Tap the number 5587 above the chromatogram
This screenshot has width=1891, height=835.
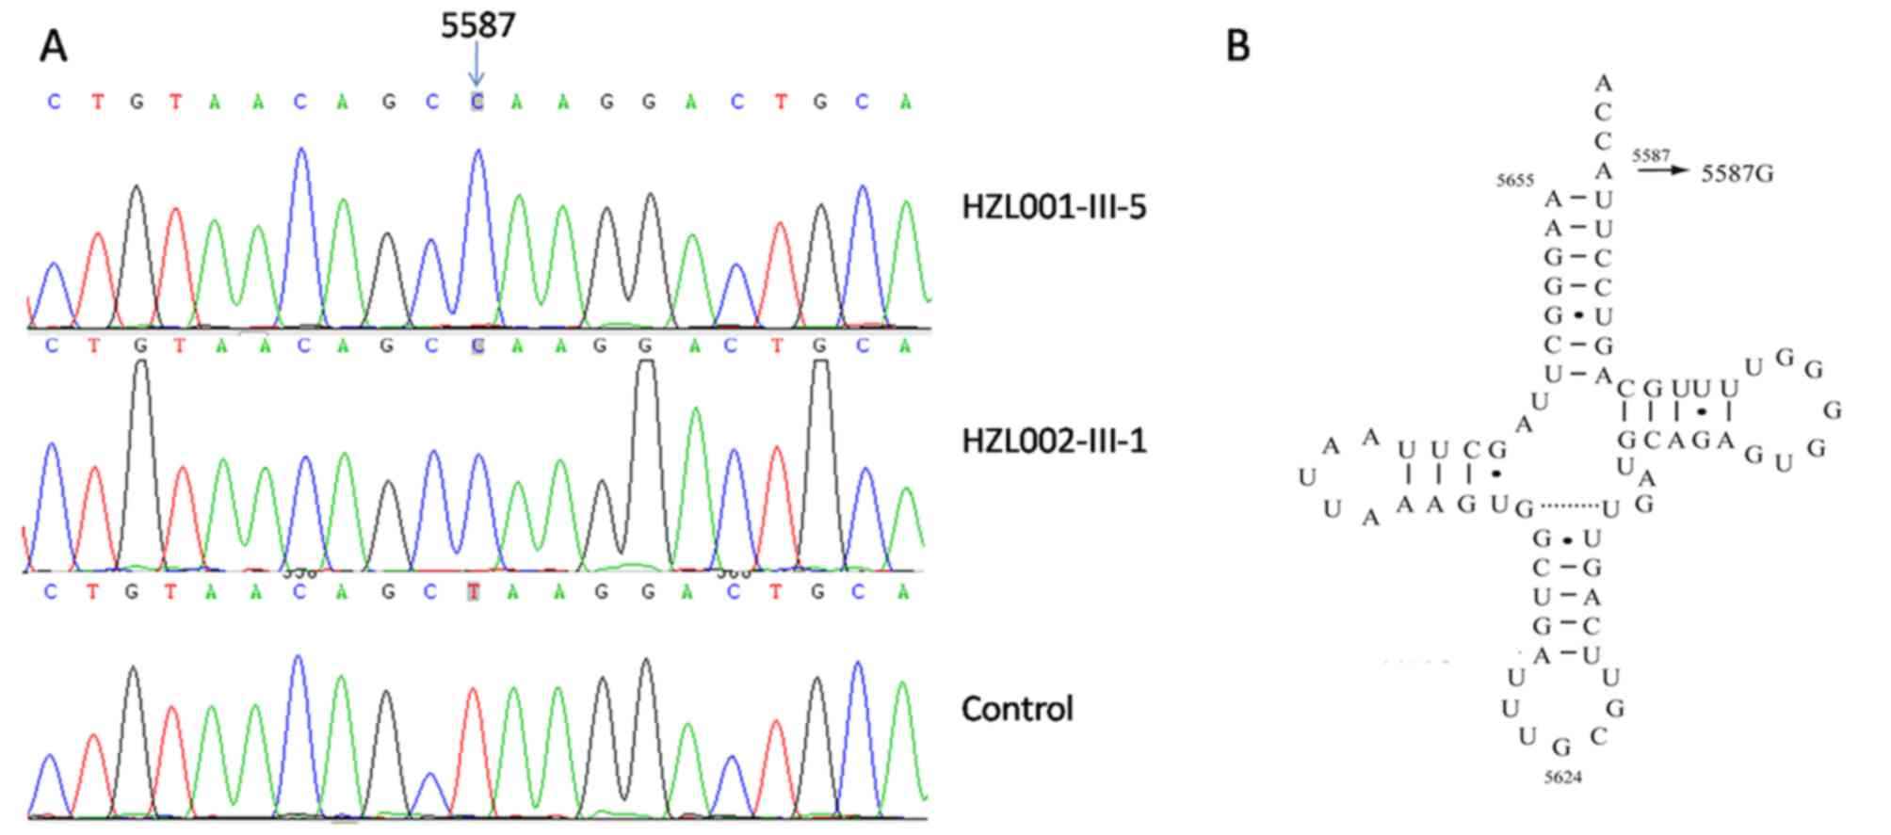(x=478, y=25)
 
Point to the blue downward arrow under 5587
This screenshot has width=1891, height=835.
(x=477, y=68)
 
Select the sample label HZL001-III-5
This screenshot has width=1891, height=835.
(x=1054, y=207)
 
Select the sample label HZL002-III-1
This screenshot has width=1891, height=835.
(x=1054, y=441)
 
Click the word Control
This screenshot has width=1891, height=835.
(x=1017, y=708)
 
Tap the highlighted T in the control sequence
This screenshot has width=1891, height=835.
(x=475, y=592)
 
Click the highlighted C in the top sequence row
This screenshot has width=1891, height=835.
(x=477, y=102)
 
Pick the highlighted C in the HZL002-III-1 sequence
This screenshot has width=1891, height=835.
(x=477, y=345)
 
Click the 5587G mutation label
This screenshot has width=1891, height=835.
(x=1737, y=174)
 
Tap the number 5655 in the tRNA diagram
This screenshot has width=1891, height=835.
(x=1515, y=181)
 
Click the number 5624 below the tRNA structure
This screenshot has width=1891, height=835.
(x=1562, y=778)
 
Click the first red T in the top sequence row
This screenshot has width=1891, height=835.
(x=98, y=102)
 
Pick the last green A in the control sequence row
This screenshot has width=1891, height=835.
(x=904, y=592)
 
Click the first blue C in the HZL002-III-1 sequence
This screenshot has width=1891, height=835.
(x=52, y=345)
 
